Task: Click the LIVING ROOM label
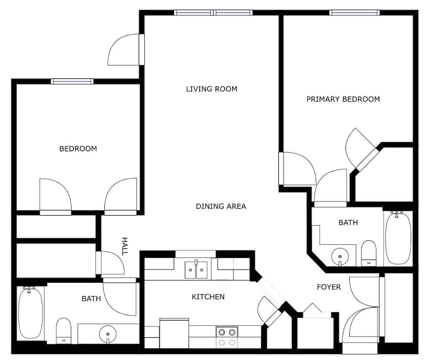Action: (212, 89)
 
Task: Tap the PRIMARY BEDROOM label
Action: (343, 99)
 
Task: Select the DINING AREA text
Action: (221, 207)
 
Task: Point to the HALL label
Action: (124, 246)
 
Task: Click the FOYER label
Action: (329, 287)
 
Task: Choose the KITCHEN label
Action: (208, 297)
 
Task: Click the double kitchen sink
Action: (196, 269)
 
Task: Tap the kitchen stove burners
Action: (227, 337)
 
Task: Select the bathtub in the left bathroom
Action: (30, 313)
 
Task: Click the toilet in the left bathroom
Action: (64, 330)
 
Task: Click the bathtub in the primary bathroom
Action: (398, 238)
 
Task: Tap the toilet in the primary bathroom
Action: (369, 253)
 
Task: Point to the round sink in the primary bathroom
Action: (340, 257)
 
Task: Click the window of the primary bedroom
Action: (354, 13)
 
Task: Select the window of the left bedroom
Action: (72, 81)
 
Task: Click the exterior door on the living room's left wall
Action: (127, 50)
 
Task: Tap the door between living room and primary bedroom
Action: (298, 169)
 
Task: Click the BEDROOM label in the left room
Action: (78, 149)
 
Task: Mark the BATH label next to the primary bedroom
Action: (348, 223)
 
